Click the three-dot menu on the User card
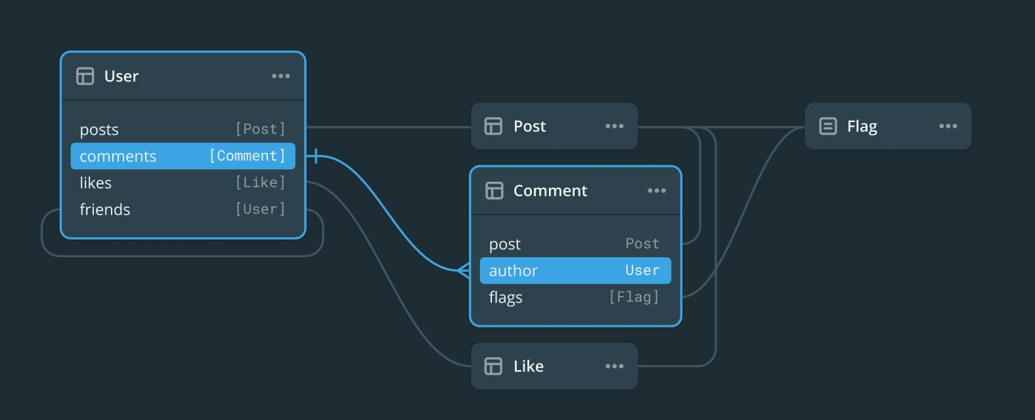pos(280,76)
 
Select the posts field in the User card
pos(99,130)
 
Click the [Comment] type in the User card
pos(248,156)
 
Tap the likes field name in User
pos(96,183)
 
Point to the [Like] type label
pos(261,182)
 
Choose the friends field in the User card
pos(105,209)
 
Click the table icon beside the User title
pos(85,76)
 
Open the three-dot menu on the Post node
pos(614,126)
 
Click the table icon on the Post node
pos(493,126)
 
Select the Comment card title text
pos(550,191)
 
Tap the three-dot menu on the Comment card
pos(657,191)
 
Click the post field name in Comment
pos(505,244)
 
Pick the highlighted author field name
pos(514,271)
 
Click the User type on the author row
pos(642,270)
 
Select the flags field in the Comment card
pos(506,298)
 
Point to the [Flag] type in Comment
pos(634,297)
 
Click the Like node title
pos(529,366)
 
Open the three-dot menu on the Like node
pos(614,366)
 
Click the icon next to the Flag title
pos(828,126)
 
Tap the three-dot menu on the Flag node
pos(948,126)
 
